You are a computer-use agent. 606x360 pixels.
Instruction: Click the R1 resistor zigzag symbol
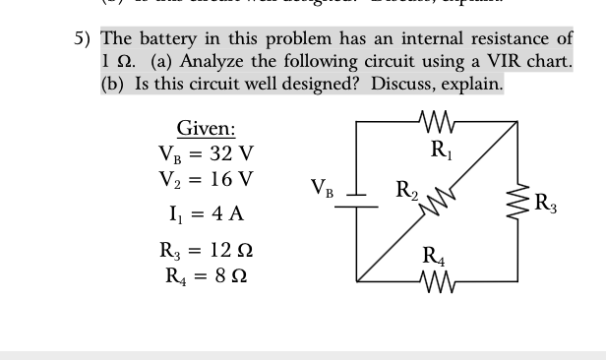tap(434, 122)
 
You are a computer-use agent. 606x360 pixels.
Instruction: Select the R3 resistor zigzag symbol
tap(515, 204)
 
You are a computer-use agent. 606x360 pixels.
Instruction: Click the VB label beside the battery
tap(323, 188)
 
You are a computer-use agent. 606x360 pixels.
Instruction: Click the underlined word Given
tap(205, 127)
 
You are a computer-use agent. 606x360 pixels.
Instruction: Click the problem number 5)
tap(85, 39)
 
